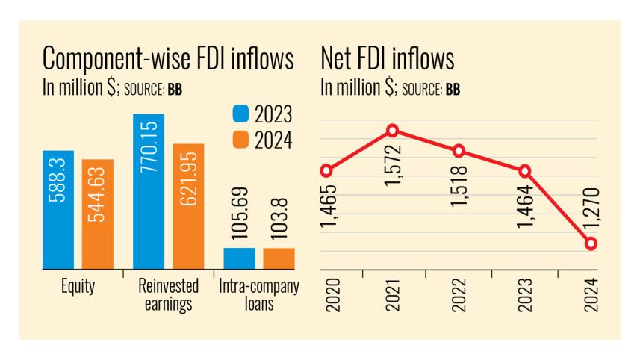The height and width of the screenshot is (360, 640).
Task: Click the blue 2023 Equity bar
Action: coord(58,209)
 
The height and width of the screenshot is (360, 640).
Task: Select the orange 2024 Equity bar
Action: coord(98,214)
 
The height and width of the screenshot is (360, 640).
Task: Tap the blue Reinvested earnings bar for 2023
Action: coord(149,191)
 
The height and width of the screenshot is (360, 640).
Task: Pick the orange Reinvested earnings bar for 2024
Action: coord(188,205)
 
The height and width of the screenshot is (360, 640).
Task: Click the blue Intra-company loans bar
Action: coord(239,258)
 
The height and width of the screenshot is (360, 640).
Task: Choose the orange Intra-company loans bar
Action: coord(279,258)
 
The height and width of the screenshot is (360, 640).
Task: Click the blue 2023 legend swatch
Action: coord(240,114)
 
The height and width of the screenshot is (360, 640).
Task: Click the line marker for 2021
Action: coord(393,131)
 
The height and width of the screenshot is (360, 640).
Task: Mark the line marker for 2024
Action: coord(591,244)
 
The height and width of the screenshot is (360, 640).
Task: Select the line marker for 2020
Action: coord(326,170)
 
